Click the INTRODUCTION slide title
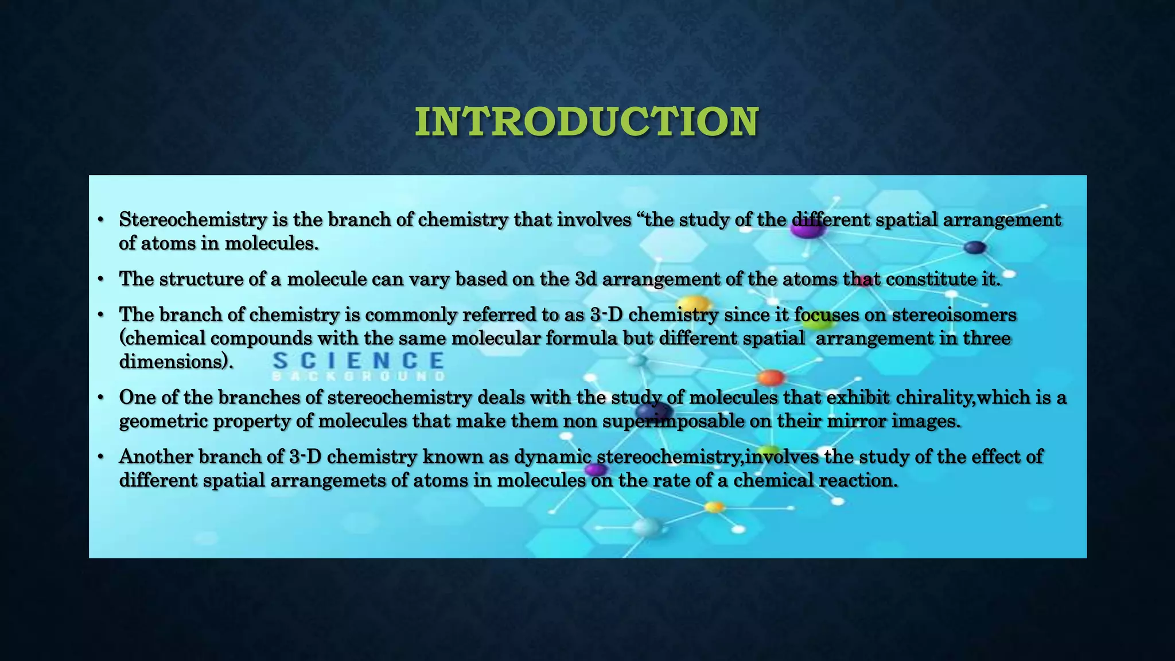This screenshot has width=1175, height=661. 587,122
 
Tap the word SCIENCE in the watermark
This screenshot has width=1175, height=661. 358,361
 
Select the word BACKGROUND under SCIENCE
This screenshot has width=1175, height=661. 358,377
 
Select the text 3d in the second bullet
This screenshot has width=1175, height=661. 585,279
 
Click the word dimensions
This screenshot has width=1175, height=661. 173,361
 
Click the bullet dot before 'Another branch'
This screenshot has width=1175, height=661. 100,457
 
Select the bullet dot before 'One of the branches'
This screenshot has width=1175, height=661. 100,397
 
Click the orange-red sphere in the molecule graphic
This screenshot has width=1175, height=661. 771,378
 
